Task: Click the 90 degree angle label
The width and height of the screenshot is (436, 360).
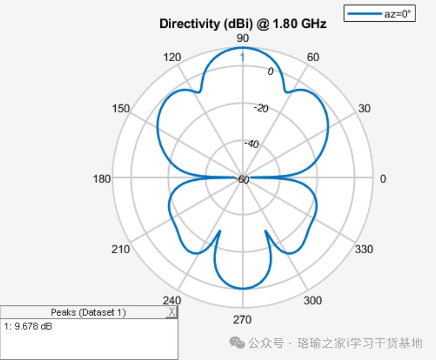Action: point(242,38)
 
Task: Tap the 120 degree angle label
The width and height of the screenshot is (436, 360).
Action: point(172,57)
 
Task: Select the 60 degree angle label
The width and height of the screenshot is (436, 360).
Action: point(313,57)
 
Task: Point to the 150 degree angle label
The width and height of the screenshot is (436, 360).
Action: point(121,109)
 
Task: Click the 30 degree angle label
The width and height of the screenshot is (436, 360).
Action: point(364,109)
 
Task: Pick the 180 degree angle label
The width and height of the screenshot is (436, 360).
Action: point(101,179)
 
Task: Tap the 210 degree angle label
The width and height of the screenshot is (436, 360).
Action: point(121,249)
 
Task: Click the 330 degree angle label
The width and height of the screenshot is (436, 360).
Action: point(364,249)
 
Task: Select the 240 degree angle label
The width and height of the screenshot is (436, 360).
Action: point(172,300)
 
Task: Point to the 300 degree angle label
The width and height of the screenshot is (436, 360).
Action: point(312,300)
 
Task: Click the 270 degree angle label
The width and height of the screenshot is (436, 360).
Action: point(242,320)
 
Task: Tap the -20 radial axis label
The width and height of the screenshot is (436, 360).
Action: point(261,108)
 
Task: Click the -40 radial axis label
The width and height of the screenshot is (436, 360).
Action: point(251,144)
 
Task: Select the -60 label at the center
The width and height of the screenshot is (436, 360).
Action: point(242,180)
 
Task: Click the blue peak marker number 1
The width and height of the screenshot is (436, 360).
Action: point(242,57)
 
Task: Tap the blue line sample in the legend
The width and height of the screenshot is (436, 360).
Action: point(364,13)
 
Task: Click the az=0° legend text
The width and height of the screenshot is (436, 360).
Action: point(398,14)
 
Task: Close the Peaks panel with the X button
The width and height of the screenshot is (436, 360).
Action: point(172,312)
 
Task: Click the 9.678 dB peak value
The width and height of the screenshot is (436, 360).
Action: point(33,327)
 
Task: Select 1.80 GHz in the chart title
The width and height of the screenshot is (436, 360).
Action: point(300,24)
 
